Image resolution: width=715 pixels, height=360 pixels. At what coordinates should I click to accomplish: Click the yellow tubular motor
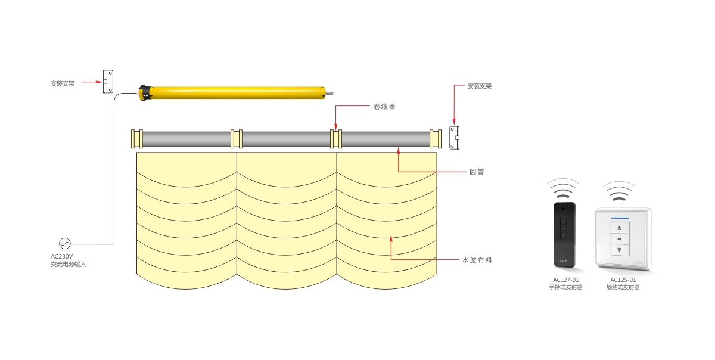[235, 92]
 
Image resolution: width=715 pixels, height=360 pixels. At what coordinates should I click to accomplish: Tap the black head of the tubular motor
[144, 93]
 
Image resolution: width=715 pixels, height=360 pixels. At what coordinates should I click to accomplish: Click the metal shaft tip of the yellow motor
[330, 92]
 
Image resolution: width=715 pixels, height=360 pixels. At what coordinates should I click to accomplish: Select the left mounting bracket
[108, 82]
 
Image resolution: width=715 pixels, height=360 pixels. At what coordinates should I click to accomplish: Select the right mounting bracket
[455, 138]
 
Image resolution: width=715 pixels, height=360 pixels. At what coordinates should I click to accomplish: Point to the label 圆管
[477, 172]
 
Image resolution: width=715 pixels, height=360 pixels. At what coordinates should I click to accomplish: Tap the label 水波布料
[477, 260]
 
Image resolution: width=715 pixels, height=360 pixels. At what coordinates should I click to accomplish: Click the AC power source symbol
[64, 243]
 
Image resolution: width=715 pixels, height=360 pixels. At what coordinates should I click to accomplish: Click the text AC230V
[61, 256]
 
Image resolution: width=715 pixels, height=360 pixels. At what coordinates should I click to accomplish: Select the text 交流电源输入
[69, 264]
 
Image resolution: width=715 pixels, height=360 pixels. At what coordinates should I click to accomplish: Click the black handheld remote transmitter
[564, 234]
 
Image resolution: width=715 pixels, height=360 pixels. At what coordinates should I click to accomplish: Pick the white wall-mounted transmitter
[623, 238]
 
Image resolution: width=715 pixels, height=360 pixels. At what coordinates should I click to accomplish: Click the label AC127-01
[565, 280]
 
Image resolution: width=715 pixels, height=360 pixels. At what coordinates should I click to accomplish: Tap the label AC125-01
[623, 280]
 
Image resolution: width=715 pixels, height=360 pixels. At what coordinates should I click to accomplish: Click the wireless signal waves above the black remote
[564, 188]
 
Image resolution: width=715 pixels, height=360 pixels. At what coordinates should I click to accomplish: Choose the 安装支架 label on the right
[480, 86]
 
